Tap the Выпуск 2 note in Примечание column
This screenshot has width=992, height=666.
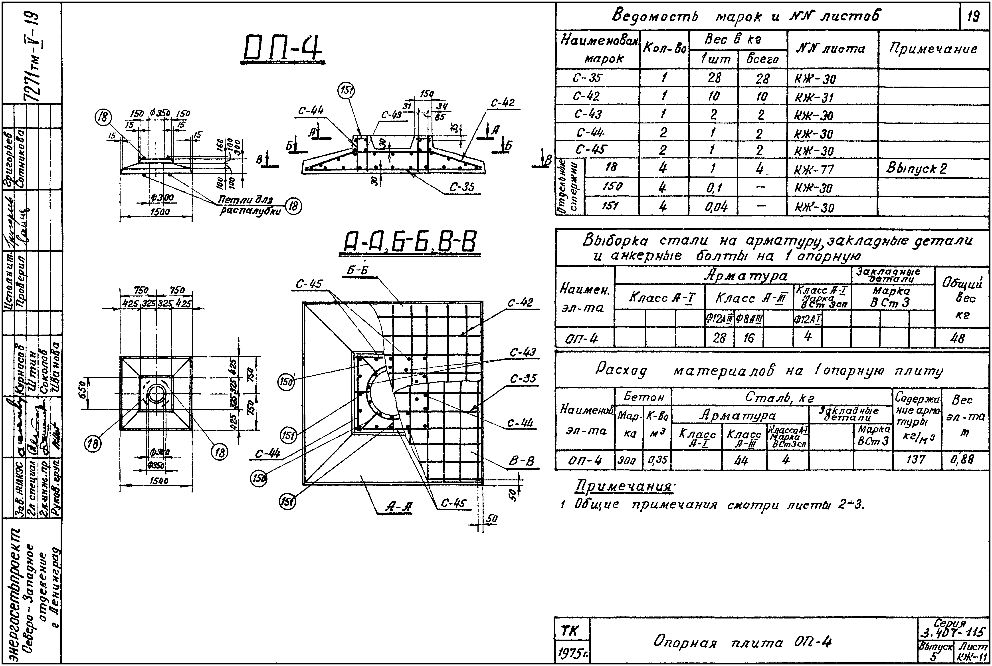coord(916,169)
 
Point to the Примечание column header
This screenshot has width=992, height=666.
coord(933,49)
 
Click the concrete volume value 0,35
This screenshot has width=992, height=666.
coord(657,460)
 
